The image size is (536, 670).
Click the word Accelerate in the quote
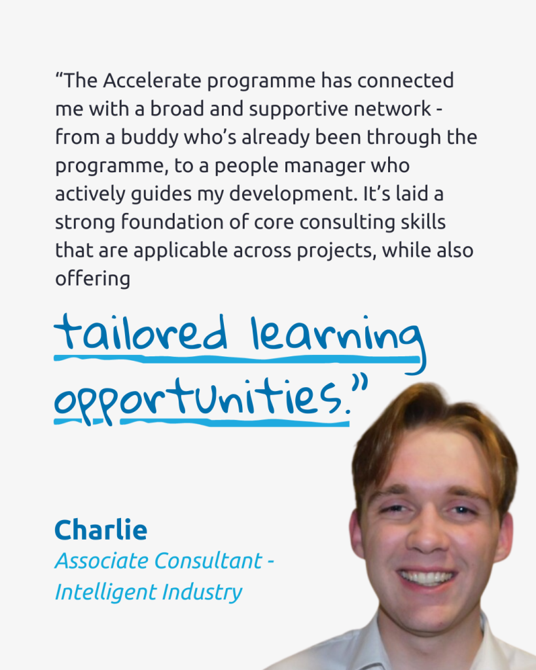point(152,81)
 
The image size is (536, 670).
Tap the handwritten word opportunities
point(198,400)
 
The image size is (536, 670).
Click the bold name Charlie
point(101,530)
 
